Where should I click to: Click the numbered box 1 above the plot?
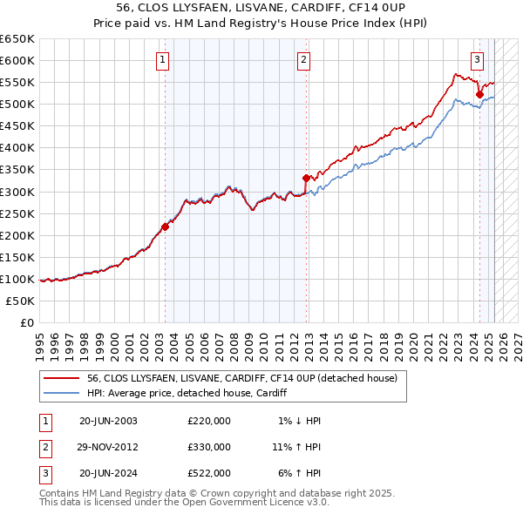(x=164, y=60)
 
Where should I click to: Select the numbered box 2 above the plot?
(x=303, y=60)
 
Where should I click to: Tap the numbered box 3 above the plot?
(x=478, y=60)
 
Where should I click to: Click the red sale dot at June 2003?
(x=165, y=227)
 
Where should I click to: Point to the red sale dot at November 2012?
(x=306, y=178)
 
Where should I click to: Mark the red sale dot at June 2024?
(x=479, y=94)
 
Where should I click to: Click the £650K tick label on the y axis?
(x=17, y=39)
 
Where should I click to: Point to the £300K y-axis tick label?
(x=17, y=192)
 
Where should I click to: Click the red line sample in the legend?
(x=60, y=378)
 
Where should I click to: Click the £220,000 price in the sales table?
(x=209, y=421)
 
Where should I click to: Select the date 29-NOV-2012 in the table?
(x=109, y=447)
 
